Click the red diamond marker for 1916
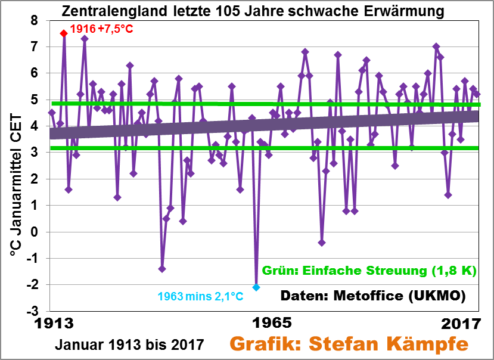pos(64,33)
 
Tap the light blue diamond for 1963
pos(256,287)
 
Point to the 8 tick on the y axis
pos(34,20)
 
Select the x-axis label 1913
pos(57,324)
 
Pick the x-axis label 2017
pos(460,324)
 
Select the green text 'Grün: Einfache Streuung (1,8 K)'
pos(369,271)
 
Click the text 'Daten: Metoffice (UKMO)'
pos(372,296)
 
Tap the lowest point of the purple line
pos(256,287)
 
